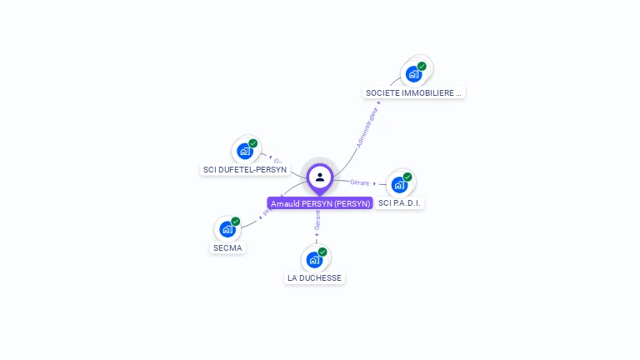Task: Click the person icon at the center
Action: tap(320, 177)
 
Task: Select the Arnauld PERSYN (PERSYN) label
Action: tap(320, 203)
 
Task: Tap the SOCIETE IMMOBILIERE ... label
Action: tap(414, 93)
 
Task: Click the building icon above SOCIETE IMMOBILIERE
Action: tap(413, 74)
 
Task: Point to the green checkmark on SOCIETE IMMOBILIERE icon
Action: tap(422, 66)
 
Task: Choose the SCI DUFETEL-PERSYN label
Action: tap(245, 170)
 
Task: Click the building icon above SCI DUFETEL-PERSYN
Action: tap(244, 151)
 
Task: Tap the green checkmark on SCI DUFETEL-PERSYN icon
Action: tap(252, 143)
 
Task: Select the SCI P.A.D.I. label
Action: tap(400, 203)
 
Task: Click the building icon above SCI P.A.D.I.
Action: tap(399, 185)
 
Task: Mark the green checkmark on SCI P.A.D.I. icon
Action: tap(407, 177)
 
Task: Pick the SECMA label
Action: tap(227, 247)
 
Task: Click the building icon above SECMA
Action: tap(227, 229)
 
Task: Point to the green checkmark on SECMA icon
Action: tap(235, 221)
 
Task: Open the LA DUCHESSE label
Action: tap(314, 277)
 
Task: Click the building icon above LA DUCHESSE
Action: tap(313, 259)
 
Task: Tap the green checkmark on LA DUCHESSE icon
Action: tap(322, 252)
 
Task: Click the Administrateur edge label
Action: tap(367, 127)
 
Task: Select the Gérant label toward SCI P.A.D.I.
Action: tap(360, 182)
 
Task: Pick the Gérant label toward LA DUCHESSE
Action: tap(317, 220)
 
